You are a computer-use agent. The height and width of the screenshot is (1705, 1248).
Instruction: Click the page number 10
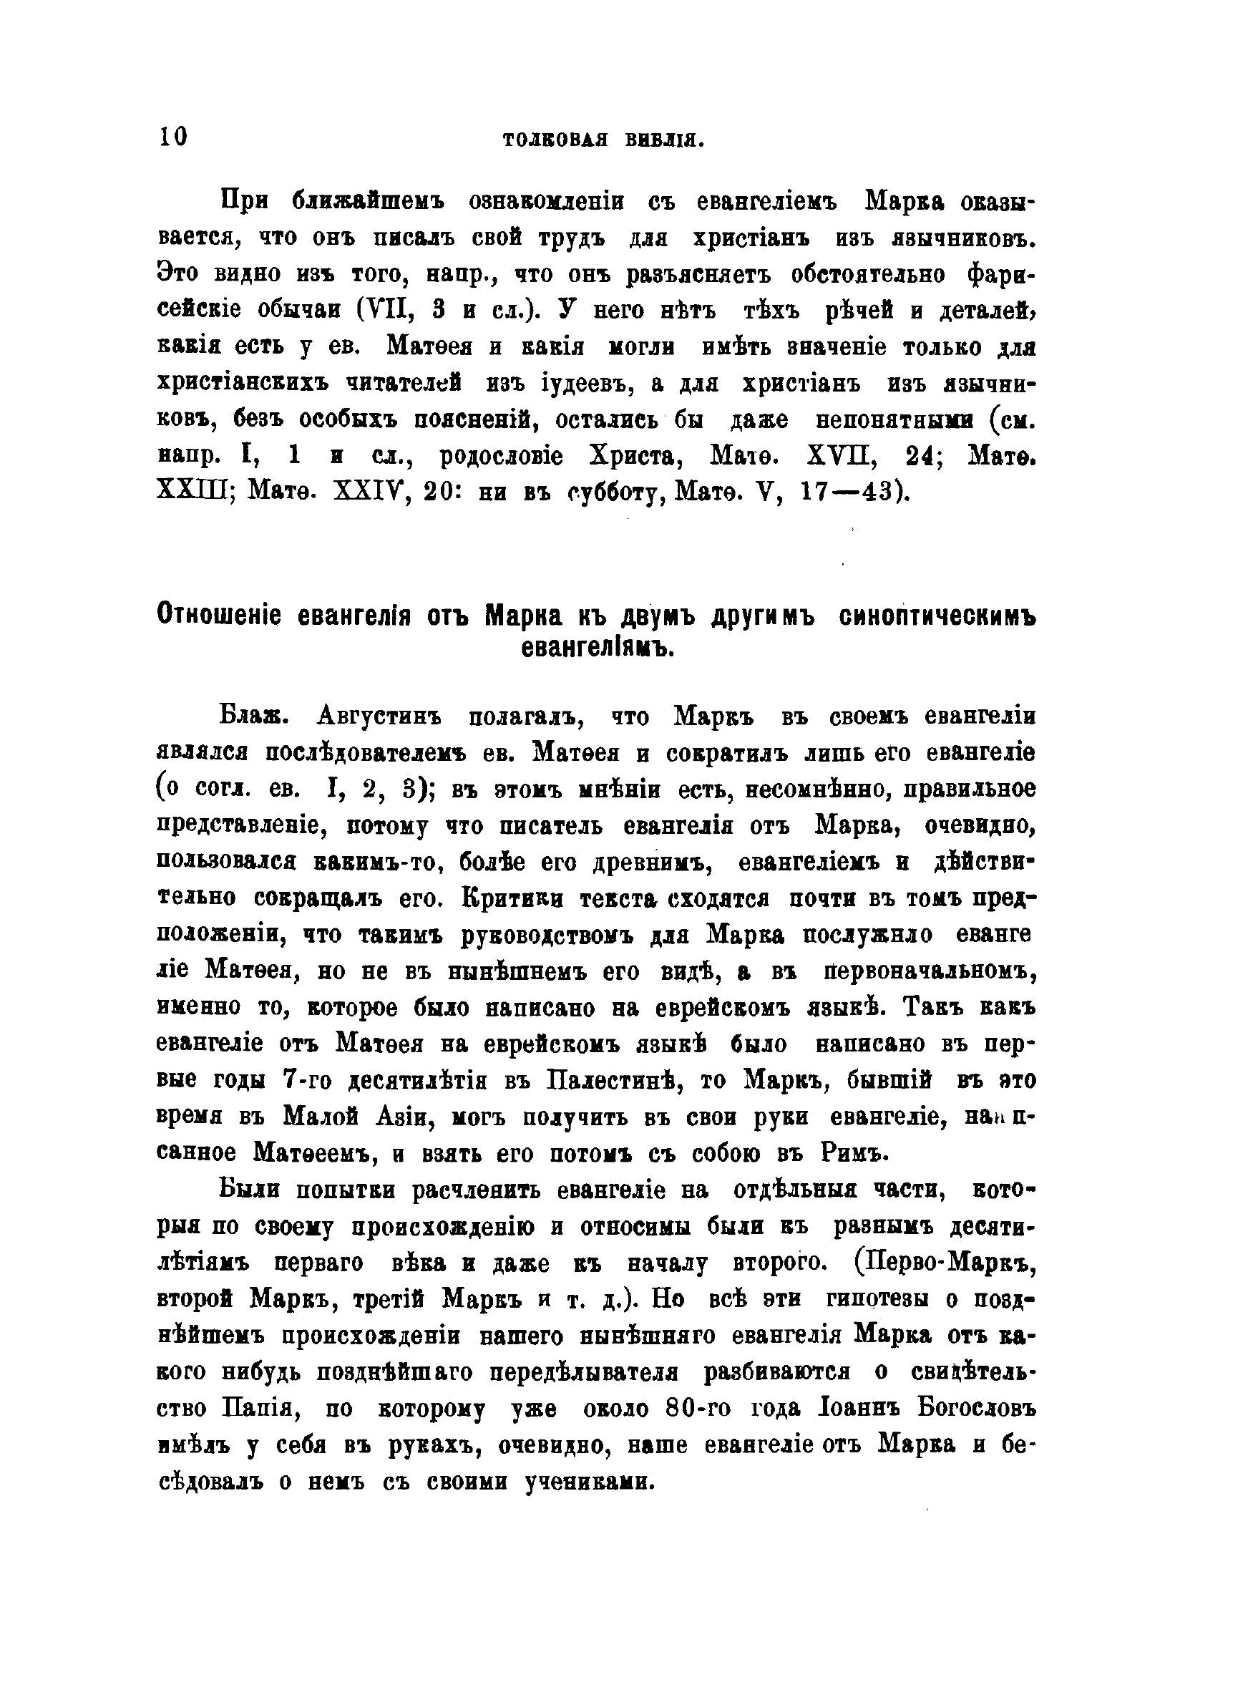173,137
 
